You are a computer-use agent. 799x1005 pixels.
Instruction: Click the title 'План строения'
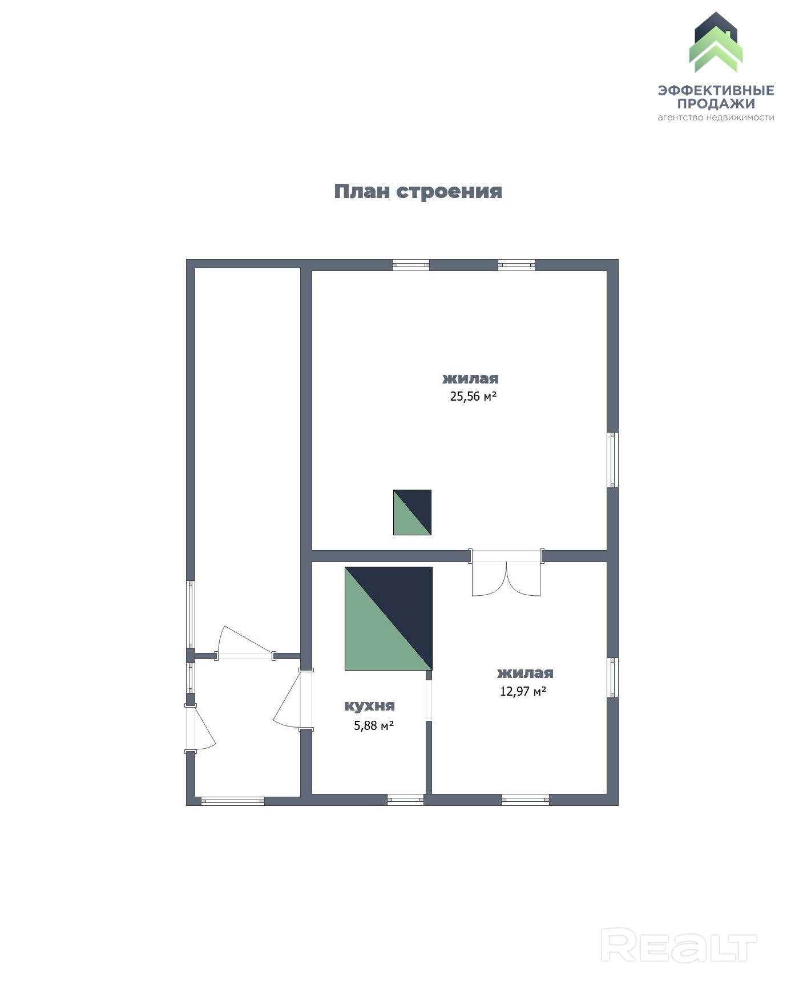pos(418,192)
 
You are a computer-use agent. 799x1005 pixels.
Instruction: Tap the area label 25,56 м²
pos(473,397)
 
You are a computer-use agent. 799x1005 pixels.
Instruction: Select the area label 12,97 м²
pos(523,692)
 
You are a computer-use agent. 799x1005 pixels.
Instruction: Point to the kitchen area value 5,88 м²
pos(374,726)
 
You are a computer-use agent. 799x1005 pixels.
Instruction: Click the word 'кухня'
pos(369,706)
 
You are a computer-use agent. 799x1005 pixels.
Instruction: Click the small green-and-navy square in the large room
pos(412,512)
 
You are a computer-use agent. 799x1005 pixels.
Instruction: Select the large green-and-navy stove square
pos(388,618)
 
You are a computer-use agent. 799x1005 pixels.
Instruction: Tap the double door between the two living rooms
pos(506,574)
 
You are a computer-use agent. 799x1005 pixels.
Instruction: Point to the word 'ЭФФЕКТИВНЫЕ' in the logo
pos(716,91)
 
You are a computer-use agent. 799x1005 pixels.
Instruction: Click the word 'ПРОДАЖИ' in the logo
pos(716,104)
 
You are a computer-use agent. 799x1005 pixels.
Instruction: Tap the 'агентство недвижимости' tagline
pos(716,118)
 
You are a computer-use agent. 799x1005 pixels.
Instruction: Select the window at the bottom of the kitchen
pos(405,800)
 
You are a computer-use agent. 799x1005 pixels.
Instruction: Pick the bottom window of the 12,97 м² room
pos(525,800)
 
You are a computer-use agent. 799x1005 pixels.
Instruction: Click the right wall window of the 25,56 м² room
pos(613,460)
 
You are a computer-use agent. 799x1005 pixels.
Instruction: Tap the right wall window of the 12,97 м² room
pos(613,677)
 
